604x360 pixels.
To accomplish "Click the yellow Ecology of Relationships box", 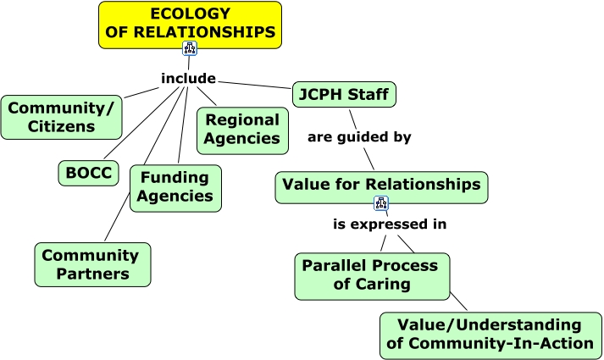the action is tap(189, 23).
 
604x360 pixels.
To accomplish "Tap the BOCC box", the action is tap(88, 172).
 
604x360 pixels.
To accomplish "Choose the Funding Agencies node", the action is tap(175, 187).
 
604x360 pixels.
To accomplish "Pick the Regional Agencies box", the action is tap(241, 130).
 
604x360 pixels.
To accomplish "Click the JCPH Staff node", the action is tap(344, 94).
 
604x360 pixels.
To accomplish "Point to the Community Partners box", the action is tap(92, 264).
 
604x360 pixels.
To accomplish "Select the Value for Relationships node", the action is tap(381, 185).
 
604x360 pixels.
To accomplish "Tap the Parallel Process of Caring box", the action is tap(372, 275).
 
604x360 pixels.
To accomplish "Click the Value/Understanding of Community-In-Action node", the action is tap(490, 335).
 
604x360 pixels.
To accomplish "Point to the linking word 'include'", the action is tap(188, 79).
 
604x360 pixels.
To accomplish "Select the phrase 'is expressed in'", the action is tap(389, 224).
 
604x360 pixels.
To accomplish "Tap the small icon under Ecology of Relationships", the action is tap(190, 48).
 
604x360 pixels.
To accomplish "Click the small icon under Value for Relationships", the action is tap(381, 204).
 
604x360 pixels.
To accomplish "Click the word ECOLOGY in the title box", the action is tap(190, 14).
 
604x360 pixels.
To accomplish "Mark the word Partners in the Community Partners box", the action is tap(92, 274).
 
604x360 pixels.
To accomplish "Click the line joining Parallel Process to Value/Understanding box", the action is tap(457, 301).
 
